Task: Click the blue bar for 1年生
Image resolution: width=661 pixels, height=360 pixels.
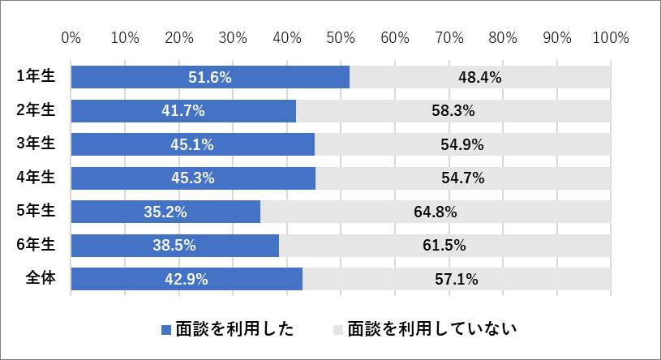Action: click(x=210, y=77)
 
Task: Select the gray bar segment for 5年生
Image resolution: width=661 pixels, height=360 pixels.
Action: click(x=436, y=212)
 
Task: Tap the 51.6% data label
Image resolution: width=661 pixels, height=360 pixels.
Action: click(x=210, y=78)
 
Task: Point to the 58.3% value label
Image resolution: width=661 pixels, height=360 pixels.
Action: click(x=453, y=111)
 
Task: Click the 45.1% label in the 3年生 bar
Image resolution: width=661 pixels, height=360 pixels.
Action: click(x=192, y=144)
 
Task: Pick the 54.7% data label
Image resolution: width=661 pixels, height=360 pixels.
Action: click(x=463, y=178)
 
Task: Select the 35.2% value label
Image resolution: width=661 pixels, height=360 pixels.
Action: click(x=165, y=212)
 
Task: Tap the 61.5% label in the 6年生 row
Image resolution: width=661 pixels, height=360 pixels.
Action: click(x=444, y=246)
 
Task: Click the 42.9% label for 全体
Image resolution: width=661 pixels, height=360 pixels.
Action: click(x=187, y=279)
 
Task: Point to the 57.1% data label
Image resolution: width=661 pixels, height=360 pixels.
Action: click(x=457, y=279)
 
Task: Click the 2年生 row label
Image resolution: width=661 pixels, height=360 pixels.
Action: click(x=36, y=110)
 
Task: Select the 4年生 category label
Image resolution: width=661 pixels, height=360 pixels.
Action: click(x=36, y=177)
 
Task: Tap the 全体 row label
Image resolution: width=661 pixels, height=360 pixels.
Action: click(x=41, y=278)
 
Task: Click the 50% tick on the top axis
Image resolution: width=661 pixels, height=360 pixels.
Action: click(x=341, y=38)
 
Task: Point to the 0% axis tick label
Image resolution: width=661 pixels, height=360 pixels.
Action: click(x=71, y=38)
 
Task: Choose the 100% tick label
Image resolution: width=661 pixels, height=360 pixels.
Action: click(x=611, y=38)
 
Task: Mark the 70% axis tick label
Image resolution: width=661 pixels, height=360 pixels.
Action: click(x=449, y=38)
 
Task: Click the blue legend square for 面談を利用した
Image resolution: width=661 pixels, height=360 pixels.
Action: click(x=166, y=330)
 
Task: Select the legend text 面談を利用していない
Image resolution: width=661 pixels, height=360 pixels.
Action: click(x=432, y=329)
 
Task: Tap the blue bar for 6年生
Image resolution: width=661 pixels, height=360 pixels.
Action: click(x=175, y=246)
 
